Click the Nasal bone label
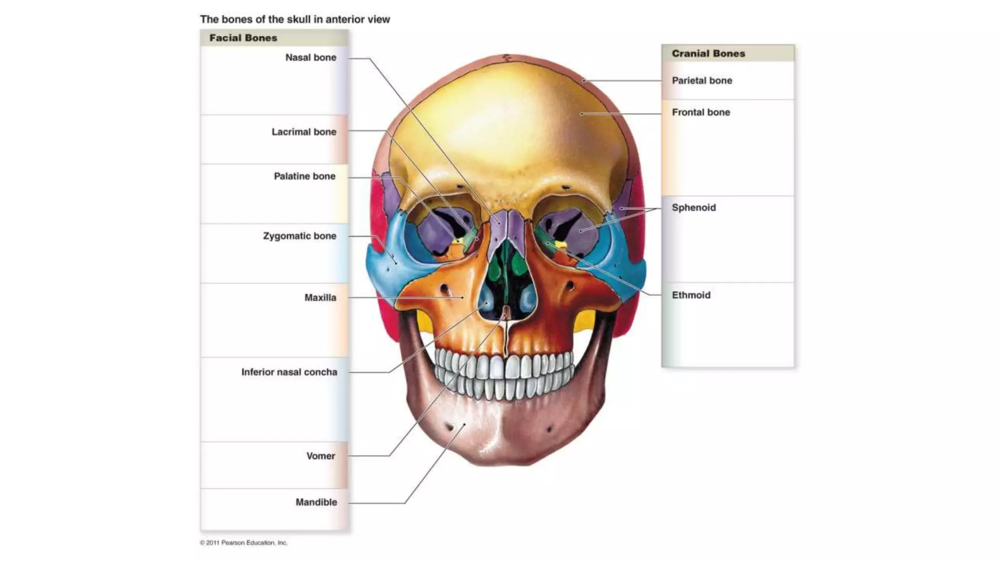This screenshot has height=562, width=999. click(311, 58)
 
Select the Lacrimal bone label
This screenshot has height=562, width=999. click(304, 132)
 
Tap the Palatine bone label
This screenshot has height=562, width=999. click(304, 176)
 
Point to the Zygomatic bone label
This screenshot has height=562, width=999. click(300, 236)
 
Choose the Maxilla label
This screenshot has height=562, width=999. click(320, 298)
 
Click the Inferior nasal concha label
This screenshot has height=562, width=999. click(289, 372)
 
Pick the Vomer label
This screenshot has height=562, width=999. click(320, 456)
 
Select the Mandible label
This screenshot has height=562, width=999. click(316, 502)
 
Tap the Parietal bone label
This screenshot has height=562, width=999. click(702, 80)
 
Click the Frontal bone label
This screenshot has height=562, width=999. click(701, 112)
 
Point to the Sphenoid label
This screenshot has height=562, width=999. click(694, 208)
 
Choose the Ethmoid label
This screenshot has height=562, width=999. click(691, 295)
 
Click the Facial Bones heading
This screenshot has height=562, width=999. click(243, 38)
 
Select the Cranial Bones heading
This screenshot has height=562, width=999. click(708, 54)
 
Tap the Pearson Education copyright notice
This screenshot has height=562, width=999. click(244, 542)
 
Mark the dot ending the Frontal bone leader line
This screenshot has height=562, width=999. click(581, 114)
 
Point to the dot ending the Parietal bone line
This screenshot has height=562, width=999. click(583, 80)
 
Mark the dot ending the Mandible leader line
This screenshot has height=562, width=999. click(464, 425)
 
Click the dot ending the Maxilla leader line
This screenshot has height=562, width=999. click(462, 297)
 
